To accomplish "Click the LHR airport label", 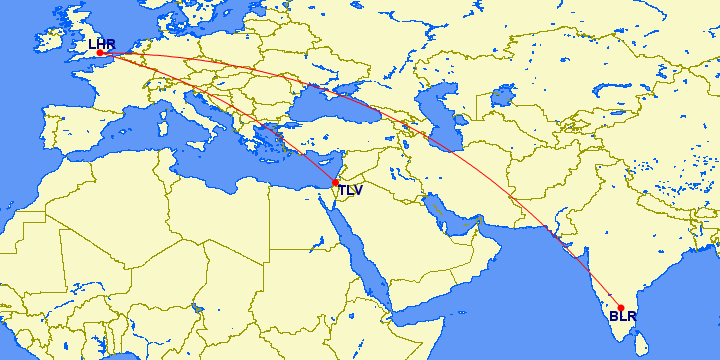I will (102, 43).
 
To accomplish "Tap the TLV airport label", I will (350, 190).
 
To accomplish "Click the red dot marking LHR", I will (100, 53).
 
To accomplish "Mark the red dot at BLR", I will (621, 308).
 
